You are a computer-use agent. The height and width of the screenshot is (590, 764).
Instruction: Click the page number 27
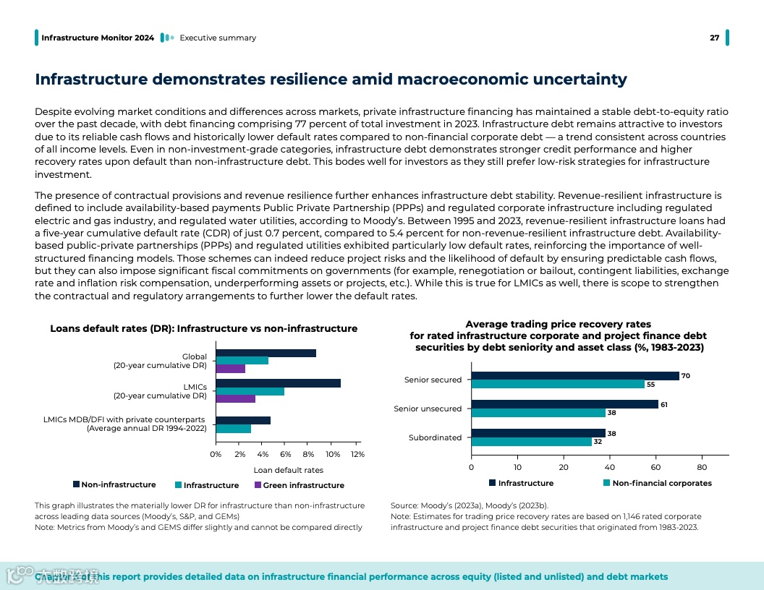pyautogui.click(x=714, y=38)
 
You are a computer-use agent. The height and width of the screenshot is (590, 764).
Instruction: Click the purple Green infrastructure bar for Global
pyautogui.click(x=231, y=369)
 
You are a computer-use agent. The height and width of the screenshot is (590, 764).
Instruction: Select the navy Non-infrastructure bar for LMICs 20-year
pyautogui.click(x=278, y=383)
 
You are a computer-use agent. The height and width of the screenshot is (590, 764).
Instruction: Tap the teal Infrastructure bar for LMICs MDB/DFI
pyautogui.click(x=234, y=429)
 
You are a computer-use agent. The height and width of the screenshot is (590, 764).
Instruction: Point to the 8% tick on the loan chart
pyautogui.click(x=310, y=454)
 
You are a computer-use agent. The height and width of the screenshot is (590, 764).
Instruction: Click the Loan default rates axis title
pyautogui.click(x=288, y=470)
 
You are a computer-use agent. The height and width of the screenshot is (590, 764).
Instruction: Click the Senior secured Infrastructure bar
pyautogui.click(x=575, y=376)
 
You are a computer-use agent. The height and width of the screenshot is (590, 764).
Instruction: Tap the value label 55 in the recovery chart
pyautogui.click(x=651, y=385)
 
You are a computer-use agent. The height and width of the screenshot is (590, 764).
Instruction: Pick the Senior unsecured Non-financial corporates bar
pyautogui.click(x=538, y=413)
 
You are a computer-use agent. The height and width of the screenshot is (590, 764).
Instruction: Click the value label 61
pyautogui.click(x=663, y=404)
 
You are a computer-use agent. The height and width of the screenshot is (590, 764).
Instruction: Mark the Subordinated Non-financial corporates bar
pyautogui.click(x=532, y=442)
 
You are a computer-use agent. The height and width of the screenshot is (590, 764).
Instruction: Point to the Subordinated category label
pyautogui.click(x=435, y=437)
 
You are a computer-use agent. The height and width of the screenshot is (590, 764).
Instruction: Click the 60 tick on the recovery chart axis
pyautogui.click(x=655, y=466)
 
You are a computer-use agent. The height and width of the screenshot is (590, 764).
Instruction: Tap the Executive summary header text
pyautogui.click(x=218, y=38)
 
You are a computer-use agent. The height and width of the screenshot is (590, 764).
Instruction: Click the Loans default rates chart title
pyautogui.click(x=203, y=328)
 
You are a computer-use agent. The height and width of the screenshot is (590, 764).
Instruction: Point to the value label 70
pyautogui.click(x=685, y=376)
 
